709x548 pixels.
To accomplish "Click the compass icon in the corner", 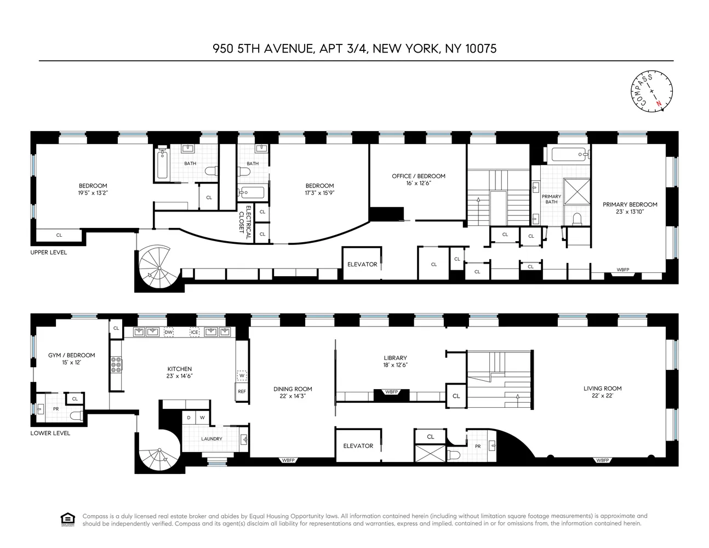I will [652, 91].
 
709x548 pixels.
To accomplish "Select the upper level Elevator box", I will [362, 264].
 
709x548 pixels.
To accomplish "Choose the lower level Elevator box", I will [358, 446].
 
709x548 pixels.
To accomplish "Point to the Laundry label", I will [211, 439].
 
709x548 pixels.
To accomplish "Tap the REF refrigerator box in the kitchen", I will [242, 391].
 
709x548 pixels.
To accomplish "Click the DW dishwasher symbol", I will [169, 332].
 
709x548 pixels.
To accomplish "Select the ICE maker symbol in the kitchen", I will [195, 332].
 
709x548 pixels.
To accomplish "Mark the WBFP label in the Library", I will [391, 392].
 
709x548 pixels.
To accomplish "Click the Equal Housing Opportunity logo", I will [67, 519].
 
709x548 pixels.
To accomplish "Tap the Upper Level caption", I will [49, 253].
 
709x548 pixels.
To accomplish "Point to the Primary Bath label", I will [551, 199].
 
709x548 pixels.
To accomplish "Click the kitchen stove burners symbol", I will [116, 365].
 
